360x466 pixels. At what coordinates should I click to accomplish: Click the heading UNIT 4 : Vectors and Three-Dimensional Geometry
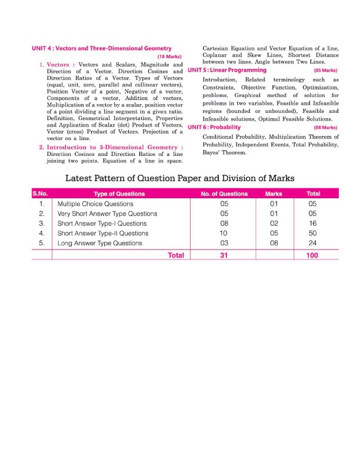(x=101, y=48)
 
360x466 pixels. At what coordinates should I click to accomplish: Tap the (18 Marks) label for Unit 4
(x=169, y=56)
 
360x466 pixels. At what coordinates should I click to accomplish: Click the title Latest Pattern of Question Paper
(x=179, y=178)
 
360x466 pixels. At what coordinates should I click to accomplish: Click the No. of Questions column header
(x=224, y=194)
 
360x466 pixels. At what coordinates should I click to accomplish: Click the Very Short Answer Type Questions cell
(x=107, y=214)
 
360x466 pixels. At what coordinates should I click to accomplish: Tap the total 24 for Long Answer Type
(x=312, y=244)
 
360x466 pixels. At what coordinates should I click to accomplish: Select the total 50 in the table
(x=312, y=234)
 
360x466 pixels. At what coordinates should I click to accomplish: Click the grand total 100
(x=312, y=255)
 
